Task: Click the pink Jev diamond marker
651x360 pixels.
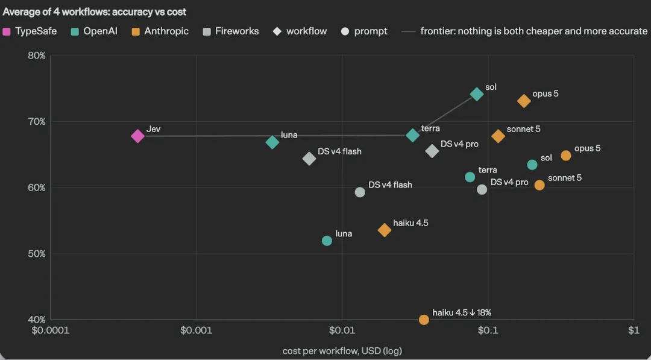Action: click(137, 136)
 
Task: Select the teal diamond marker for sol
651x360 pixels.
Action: click(477, 94)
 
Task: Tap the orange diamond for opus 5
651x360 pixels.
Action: click(524, 101)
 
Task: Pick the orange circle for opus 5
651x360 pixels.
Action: click(566, 156)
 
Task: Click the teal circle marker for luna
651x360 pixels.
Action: click(327, 241)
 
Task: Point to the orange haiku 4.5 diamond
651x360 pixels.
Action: click(385, 230)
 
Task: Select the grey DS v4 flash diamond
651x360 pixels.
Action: click(309, 158)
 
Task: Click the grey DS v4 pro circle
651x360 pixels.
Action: click(482, 190)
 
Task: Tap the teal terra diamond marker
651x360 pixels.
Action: click(412, 135)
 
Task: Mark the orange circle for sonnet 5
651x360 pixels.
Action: click(539, 185)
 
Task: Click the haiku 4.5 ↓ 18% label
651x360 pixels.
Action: click(462, 313)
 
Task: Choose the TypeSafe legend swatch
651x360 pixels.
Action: click(6, 31)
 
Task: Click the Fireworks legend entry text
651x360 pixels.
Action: click(237, 31)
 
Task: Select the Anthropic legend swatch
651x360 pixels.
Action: click(136, 31)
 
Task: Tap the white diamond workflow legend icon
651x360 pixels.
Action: click(277, 31)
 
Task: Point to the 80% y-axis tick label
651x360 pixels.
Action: click(37, 55)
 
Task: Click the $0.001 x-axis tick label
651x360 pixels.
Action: click(197, 330)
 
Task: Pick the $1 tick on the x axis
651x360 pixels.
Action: click(633, 330)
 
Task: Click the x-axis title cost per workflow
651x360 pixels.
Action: click(342, 351)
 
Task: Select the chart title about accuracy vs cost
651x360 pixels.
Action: click(94, 11)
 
